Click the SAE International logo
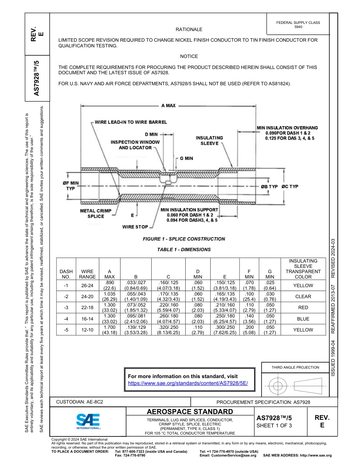pyautogui.click(x=88, y=421)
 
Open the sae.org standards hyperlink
pyautogui.click(x=188, y=383)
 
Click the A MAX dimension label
pyautogui.click(x=168, y=106)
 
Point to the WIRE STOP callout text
pyautogui.click(x=135, y=227)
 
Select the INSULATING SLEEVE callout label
pyautogui.click(x=209, y=141)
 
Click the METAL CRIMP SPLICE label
pyautogui.click(x=96, y=214)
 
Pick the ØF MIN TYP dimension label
pyautogui.click(x=70, y=186)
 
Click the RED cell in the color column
pyautogui.click(x=303, y=308)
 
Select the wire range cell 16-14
pyautogui.click(x=88, y=319)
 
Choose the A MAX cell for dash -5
pyautogui.click(x=109, y=330)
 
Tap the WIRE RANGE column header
pyautogui.click(x=88, y=274)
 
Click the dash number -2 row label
pyautogui.click(x=66, y=297)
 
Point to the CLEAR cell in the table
pyautogui.click(x=303, y=297)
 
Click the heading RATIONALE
pyautogui.click(x=189, y=30)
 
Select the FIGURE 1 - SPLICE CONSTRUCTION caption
pyautogui.click(x=184, y=239)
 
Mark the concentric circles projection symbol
pyautogui.click(x=278, y=386)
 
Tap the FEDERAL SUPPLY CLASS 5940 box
pyautogui.click(x=298, y=25)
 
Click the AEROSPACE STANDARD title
pyautogui.click(x=190, y=412)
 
